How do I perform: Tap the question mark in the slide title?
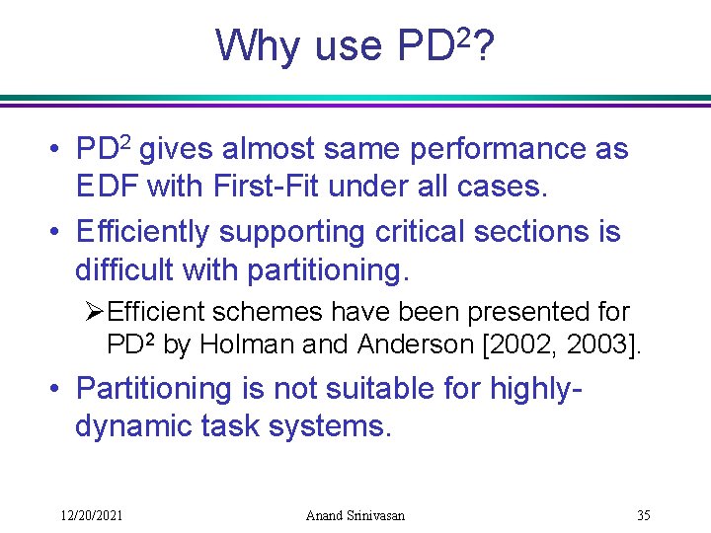484,45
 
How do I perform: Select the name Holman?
244,346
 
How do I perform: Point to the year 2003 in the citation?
601,346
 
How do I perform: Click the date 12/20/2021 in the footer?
91,516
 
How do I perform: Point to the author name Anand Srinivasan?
355,516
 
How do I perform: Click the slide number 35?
643,516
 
